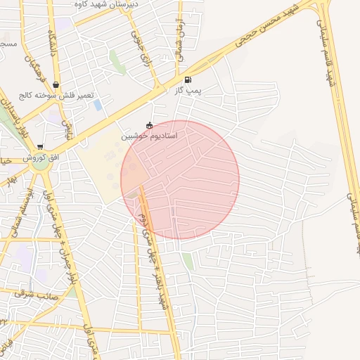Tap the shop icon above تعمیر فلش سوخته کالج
click(x=56, y=86)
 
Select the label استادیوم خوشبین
click(x=149, y=136)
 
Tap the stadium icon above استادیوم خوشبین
click(x=149, y=125)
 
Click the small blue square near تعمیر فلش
click(x=97, y=105)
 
